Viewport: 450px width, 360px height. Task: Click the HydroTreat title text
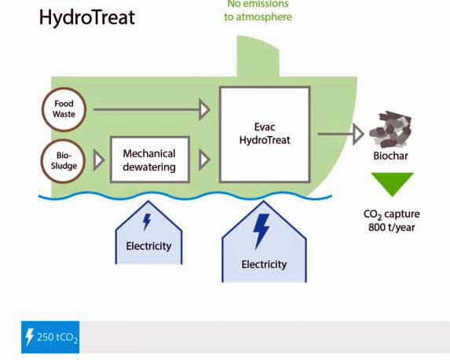click(86, 17)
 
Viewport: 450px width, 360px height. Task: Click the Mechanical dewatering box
click(149, 160)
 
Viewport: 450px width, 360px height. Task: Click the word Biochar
click(391, 156)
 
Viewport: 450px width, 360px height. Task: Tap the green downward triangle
click(391, 184)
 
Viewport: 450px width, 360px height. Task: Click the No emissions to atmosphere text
click(258, 11)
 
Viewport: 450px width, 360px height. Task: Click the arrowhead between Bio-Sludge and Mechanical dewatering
click(99, 160)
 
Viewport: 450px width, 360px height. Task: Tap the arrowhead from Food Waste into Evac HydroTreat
click(204, 110)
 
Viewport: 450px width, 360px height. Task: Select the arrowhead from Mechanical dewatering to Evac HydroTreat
click(204, 160)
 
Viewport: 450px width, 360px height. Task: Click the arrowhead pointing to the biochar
click(357, 134)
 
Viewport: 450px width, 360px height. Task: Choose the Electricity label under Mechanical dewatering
click(148, 246)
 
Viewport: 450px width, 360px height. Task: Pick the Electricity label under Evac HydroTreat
click(264, 264)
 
